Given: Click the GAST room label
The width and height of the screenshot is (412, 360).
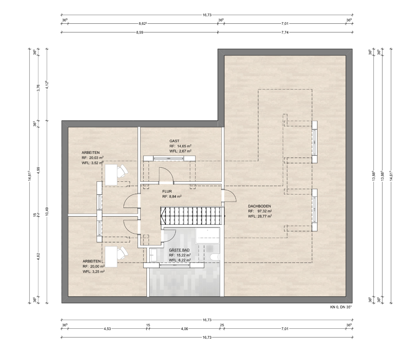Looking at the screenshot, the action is [x=174, y=141].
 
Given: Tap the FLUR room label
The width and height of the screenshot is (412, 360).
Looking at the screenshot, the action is [x=167, y=191].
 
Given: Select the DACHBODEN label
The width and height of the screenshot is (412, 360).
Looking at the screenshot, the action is [x=259, y=207].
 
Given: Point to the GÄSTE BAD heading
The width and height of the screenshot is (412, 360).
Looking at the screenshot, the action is [x=179, y=250].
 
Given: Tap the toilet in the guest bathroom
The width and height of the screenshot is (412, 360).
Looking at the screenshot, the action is [x=215, y=257].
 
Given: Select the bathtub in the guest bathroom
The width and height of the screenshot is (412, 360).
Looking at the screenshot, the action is [x=207, y=236].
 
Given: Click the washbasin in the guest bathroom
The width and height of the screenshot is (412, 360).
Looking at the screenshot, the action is [x=153, y=255].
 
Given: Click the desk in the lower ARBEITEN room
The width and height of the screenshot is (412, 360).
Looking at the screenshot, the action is [x=111, y=257].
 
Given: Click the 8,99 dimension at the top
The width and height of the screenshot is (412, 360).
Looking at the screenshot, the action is [x=140, y=32].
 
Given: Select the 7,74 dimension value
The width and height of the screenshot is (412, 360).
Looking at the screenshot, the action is [x=285, y=32].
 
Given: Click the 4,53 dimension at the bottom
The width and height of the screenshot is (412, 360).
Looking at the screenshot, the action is [x=107, y=329].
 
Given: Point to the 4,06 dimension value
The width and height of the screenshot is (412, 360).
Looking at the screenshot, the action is [x=184, y=329].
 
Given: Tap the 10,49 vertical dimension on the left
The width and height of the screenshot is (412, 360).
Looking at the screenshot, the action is [x=47, y=212].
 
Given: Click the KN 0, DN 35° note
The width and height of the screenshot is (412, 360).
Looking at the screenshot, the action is [x=341, y=307].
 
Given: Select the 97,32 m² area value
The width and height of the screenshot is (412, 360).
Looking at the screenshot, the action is [x=264, y=211].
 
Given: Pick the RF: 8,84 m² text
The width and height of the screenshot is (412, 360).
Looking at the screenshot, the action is [x=172, y=197].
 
